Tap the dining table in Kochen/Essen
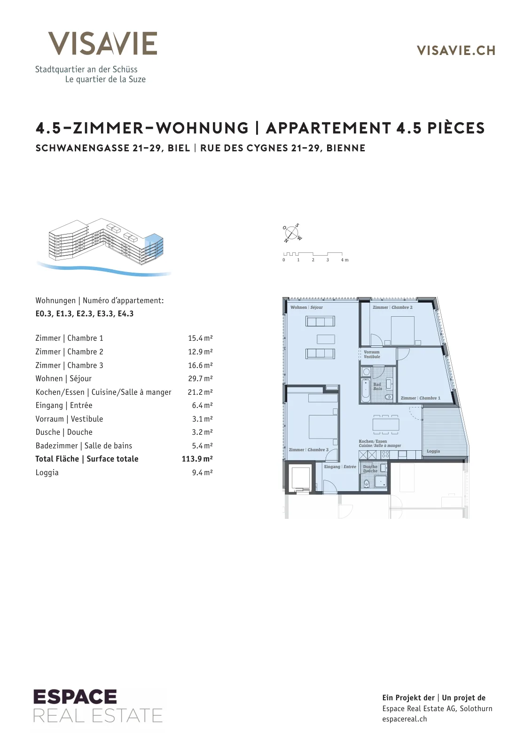[386, 424]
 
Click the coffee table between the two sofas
[326, 339]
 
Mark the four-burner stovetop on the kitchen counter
[385, 455]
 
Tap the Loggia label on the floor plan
[433, 451]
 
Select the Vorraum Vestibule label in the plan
[372, 354]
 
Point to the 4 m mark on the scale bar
[344, 260]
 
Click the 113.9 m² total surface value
[197, 459]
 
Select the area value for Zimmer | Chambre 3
[200, 365]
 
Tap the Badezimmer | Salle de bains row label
[84, 446]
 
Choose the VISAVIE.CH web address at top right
[456, 51]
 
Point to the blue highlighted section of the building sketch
[154, 246]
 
